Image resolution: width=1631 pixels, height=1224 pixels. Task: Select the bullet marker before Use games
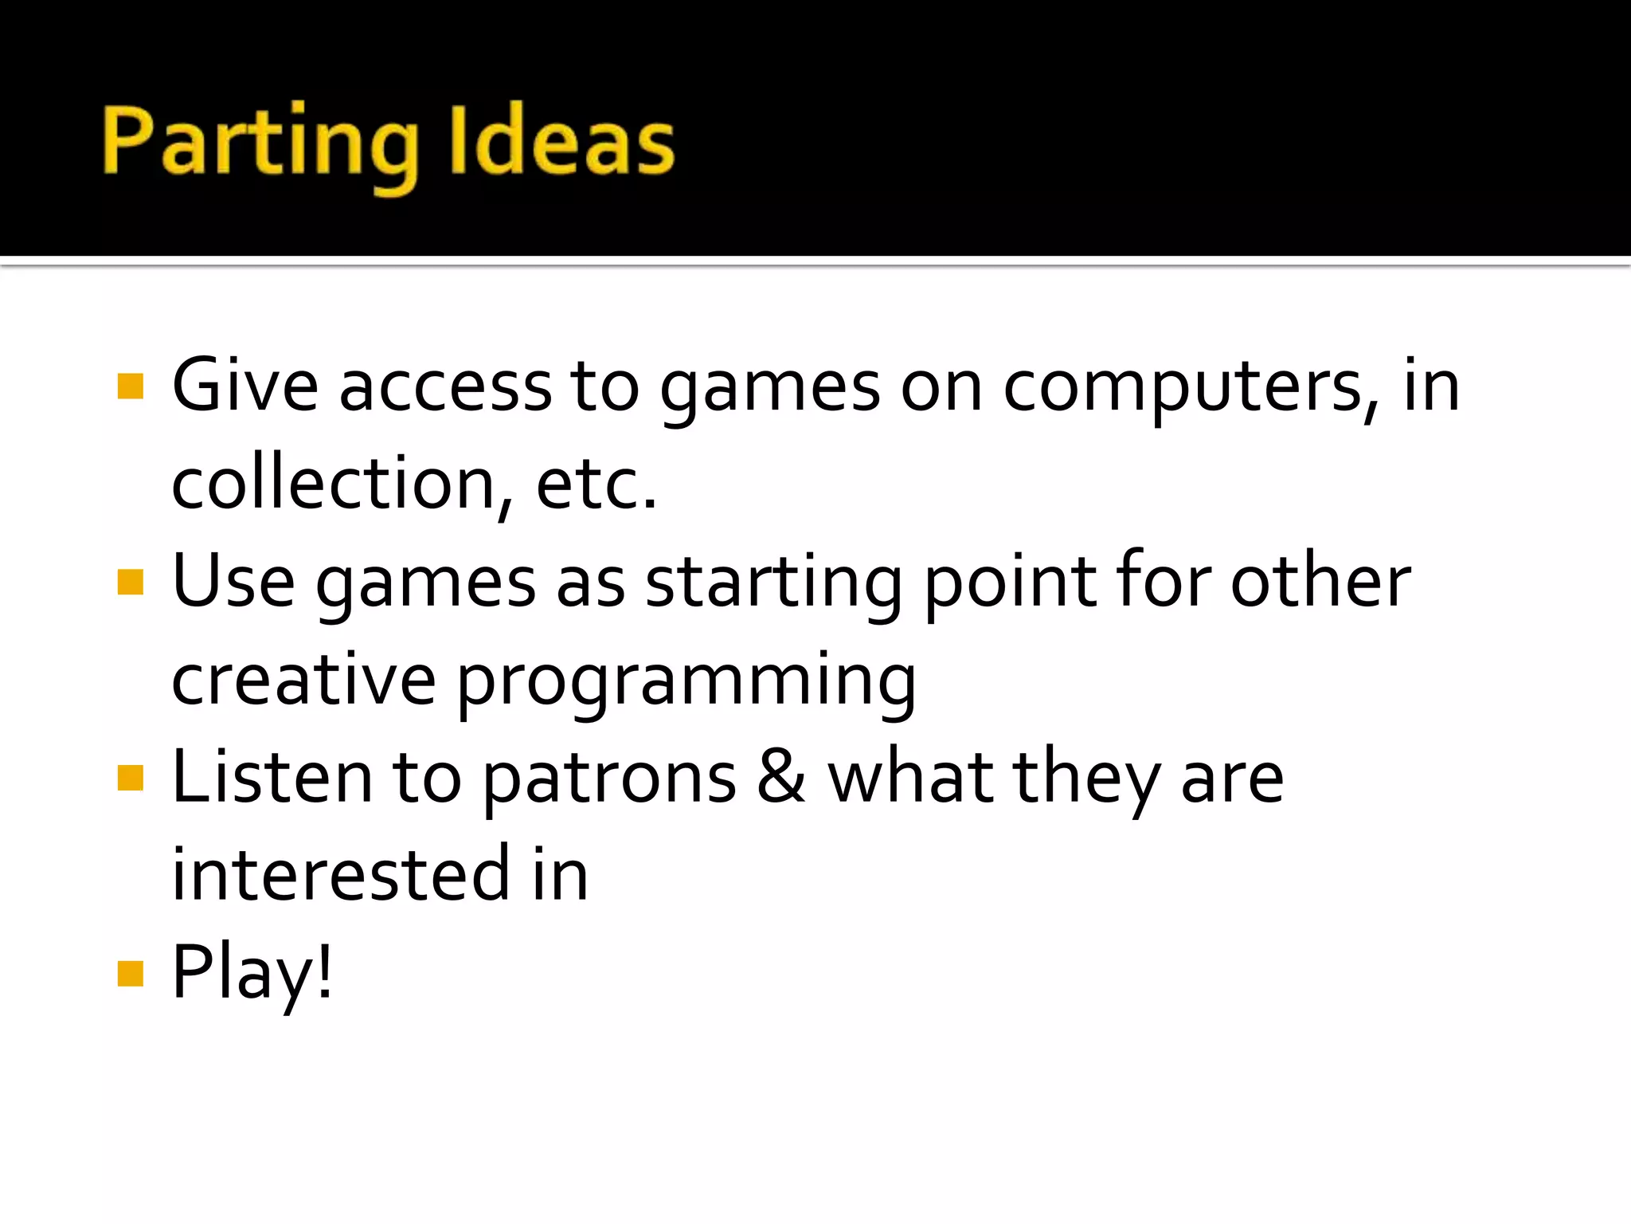(x=130, y=583)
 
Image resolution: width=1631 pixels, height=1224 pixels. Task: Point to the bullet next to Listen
(x=130, y=778)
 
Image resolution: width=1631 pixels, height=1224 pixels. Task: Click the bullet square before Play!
(x=130, y=973)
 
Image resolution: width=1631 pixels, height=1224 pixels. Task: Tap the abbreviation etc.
(x=596, y=484)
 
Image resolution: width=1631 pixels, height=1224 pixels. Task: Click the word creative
(x=303, y=680)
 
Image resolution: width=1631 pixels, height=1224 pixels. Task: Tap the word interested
(x=341, y=875)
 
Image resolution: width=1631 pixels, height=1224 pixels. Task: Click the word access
(x=446, y=388)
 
